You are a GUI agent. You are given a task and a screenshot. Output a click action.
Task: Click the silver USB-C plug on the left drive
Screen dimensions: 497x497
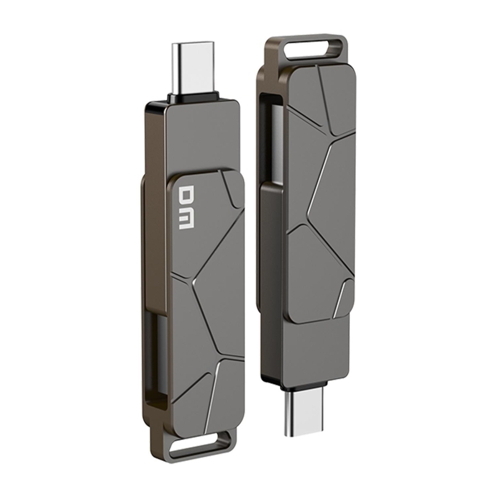tap(192, 67)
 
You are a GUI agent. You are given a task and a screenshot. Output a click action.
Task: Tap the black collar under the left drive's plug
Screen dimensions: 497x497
tap(192, 98)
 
